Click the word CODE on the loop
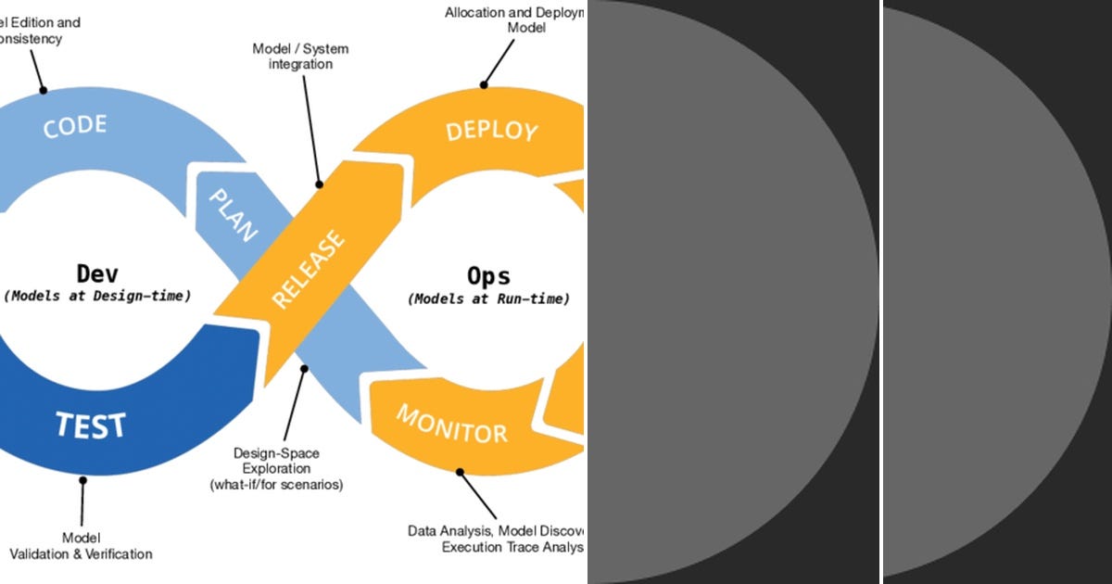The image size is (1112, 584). click(x=75, y=125)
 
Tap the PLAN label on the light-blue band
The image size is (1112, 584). click(x=232, y=215)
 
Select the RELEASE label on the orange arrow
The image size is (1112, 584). click(x=309, y=269)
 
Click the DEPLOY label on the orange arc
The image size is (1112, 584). click(x=491, y=131)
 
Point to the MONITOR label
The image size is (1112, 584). click(x=452, y=424)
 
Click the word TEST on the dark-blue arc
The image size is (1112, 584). click(x=90, y=425)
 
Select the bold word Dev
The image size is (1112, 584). click(x=97, y=274)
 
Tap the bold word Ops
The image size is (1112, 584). click(x=488, y=276)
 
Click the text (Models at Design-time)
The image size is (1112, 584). click(x=97, y=297)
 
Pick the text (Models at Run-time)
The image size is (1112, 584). click(x=488, y=299)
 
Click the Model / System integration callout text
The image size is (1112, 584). click(x=300, y=57)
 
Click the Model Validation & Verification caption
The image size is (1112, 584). click(x=81, y=546)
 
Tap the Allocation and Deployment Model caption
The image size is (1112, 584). click(x=514, y=20)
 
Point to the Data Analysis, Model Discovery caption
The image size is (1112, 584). click(x=496, y=539)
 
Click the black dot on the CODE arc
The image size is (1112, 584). click(x=43, y=90)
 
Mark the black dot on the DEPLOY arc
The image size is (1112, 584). click(x=484, y=85)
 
